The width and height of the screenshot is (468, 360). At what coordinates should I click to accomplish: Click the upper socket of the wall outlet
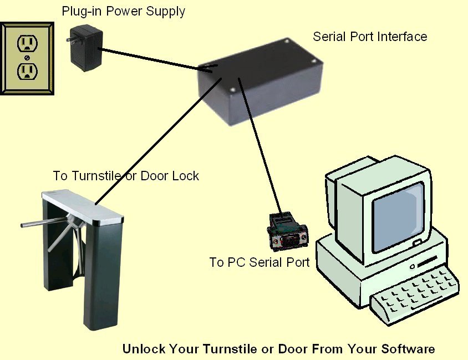click(27, 43)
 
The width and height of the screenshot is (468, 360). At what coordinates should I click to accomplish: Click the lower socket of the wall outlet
click(27, 70)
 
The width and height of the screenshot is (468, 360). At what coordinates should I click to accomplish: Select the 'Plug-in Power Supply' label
click(123, 11)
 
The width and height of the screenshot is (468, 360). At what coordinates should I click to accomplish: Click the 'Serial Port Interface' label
click(370, 37)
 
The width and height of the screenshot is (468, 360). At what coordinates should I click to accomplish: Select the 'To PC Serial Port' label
click(259, 262)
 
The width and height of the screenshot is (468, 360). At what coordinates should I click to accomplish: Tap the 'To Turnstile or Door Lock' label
click(126, 176)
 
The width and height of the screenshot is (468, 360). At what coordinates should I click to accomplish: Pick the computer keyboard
click(416, 294)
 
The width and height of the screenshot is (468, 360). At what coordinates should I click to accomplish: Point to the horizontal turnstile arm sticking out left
click(39, 225)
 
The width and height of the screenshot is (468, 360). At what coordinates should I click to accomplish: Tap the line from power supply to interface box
click(150, 60)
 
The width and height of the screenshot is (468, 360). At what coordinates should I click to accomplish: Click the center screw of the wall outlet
click(27, 57)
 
